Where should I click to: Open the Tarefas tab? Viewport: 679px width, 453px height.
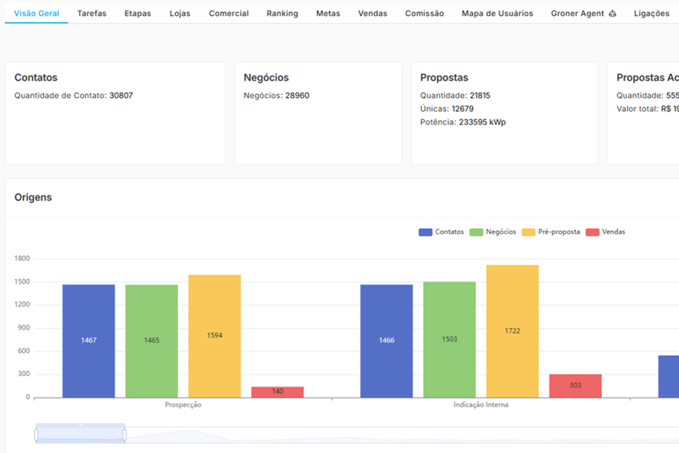[x=91, y=14]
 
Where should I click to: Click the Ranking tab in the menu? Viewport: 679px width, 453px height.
[x=282, y=14]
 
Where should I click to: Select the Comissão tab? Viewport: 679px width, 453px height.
[x=424, y=14]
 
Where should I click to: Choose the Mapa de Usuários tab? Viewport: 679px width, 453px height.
[x=497, y=14]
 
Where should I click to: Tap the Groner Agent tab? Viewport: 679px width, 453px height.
[x=583, y=14]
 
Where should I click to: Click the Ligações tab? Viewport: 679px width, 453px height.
[x=651, y=14]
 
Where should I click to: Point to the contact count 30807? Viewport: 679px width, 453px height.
[x=121, y=96]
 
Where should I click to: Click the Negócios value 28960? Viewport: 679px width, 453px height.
[x=296, y=96]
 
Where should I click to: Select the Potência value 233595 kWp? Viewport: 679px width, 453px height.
[x=482, y=122]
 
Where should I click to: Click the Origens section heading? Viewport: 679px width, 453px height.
[x=33, y=197]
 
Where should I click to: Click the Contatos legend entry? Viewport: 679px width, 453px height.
[x=441, y=232]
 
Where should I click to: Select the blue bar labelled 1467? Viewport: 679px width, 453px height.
[x=89, y=341]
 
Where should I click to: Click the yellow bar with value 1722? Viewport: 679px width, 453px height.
[x=512, y=331]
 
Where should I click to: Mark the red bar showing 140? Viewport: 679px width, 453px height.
[x=278, y=392]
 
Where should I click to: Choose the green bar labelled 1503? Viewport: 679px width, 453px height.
[x=450, y=339]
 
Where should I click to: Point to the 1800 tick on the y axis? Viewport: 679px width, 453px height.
[x=22, y=259]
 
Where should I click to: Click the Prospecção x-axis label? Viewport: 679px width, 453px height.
[x=183, y=405]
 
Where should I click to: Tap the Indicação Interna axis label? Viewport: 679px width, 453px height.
[x=481, y=405]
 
